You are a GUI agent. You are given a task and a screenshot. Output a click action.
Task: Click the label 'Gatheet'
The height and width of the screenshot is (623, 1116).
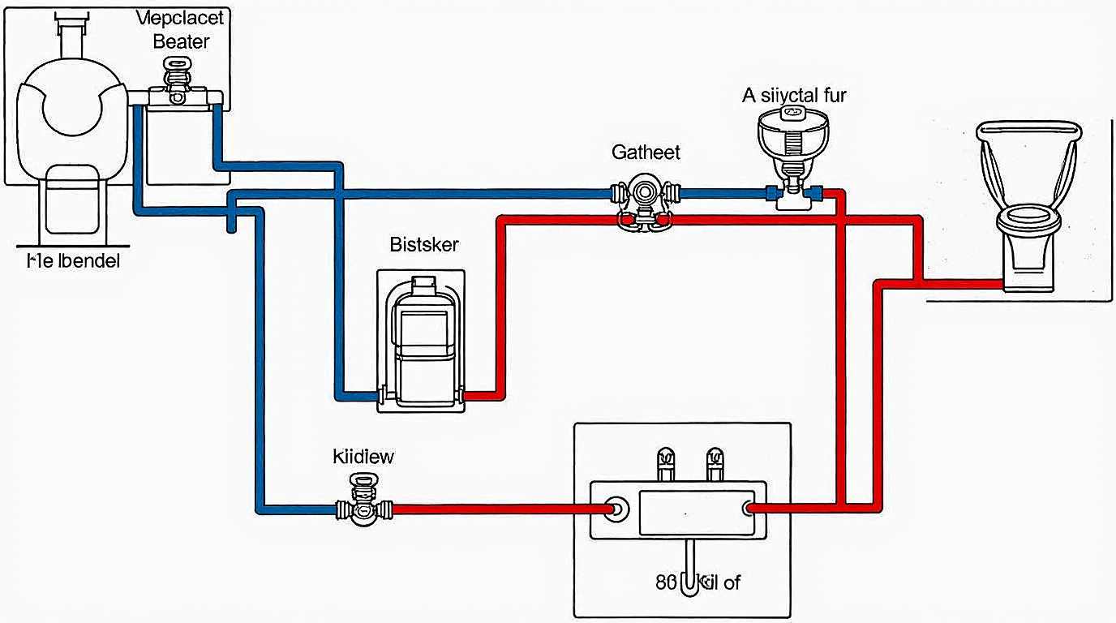click(646, 152)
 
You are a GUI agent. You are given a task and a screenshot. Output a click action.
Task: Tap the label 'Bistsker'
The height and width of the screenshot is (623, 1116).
click(423, 243)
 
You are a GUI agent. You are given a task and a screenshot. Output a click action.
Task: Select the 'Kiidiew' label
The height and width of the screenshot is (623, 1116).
click(363, 456)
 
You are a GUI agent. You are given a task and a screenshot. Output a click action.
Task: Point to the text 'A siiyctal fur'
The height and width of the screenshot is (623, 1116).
click(794, 96)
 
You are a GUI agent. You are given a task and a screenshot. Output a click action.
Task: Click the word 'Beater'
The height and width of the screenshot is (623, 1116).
click(181, 41)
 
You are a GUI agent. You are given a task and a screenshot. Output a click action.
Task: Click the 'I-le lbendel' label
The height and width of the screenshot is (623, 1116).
click(68, 261)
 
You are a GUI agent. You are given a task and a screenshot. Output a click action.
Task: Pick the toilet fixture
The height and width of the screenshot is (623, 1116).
click(1029, 203)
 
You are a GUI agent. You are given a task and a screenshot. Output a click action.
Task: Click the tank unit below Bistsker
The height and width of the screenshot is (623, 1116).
click(422, 341)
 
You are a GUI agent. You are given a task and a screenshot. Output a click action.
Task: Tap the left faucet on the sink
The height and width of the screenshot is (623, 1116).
click(663, 463)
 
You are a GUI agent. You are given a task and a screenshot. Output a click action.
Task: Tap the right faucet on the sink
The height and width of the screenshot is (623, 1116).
click(715, 463)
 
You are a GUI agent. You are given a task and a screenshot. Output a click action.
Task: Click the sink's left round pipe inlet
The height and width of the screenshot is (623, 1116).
click(617, 509)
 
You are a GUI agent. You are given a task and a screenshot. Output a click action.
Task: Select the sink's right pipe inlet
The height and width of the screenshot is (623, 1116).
click(748, 509)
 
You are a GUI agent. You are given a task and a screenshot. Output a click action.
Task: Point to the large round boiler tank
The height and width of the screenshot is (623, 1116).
click(73, 114)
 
